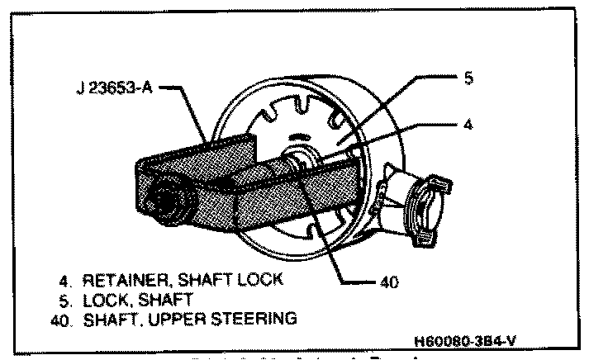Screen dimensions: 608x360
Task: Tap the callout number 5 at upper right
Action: tap(468, 78)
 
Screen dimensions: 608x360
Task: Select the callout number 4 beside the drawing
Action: tap(469, 126)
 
